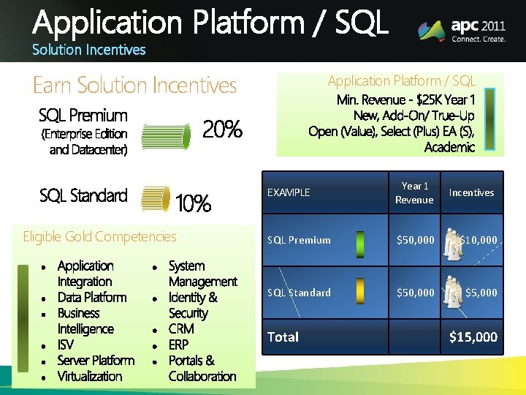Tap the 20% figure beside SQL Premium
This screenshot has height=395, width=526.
pyautogui.click(x=222, y=130)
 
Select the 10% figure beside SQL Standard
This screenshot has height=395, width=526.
pyautogui.click(x=194, y=203)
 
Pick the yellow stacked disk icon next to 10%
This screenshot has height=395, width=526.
pyautogui.click(x=156, y=200)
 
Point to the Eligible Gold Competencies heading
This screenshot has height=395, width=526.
pyautogui.click(x=99, y=236)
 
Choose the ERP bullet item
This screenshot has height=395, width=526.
pyautogui.click(x=178, y=345)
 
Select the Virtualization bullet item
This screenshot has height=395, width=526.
pyautogui.click(x=90, y=376)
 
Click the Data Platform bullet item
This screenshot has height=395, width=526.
pyautogui.click(x=92, y=297)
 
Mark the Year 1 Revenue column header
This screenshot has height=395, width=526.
pyautogui.click(x=414, y=192)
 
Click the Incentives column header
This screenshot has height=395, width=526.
pyautogui.click(x=471, y=192)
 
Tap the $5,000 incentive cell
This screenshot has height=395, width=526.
pyautogui.click(x=481, y=293)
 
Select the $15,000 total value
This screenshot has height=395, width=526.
pyautogui.click(x=473, y=336)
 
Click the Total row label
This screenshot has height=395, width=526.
pyautogui.click(x=283, y=336)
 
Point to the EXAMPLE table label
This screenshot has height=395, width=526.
pyautogui.click(x=289, y=192)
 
